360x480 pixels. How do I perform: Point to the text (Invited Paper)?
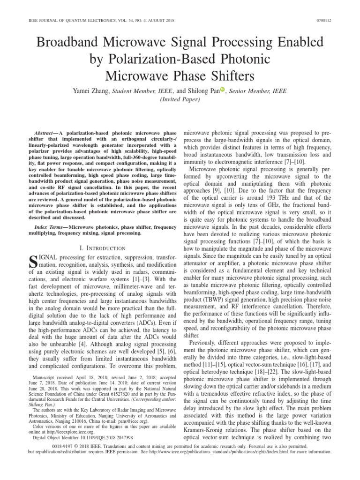[180, 100]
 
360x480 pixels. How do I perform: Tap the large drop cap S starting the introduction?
[34, 262]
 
